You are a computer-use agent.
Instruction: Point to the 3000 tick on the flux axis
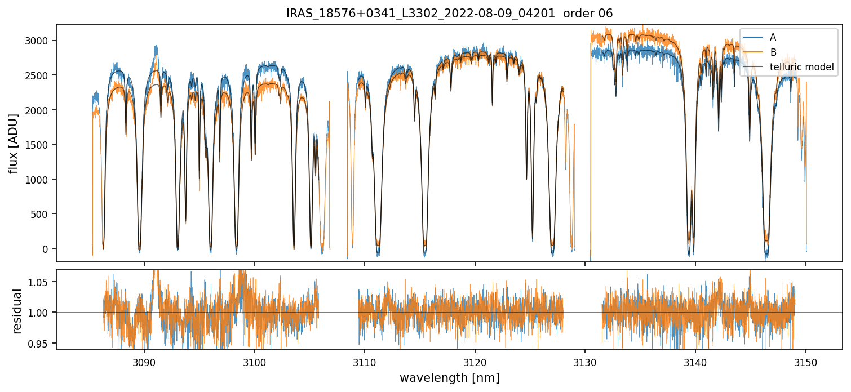(x=41, y=41)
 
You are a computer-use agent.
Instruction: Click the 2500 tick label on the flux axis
(x=41, y=75)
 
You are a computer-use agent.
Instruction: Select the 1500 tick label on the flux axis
(x=41, y=145)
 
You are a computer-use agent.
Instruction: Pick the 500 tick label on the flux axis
(x=43, y=214)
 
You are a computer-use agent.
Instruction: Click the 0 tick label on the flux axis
(x=48, y=249)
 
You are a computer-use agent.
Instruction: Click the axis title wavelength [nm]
(x=449, y=377)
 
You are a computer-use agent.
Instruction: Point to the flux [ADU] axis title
(x=13, y=143)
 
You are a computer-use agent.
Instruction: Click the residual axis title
(x=17, y=310)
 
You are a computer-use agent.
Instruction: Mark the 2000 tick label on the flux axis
(x=41, y=110)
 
